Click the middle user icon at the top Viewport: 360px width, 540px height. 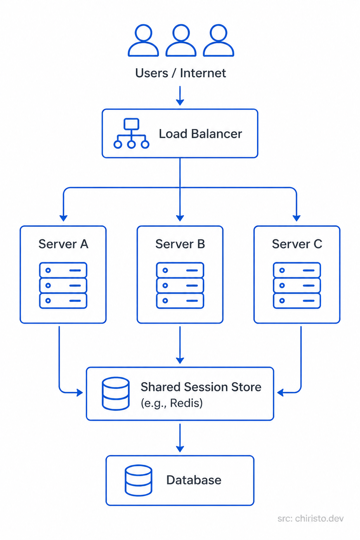(x=181, y=40)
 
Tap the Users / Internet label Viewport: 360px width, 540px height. (x=180, y=73)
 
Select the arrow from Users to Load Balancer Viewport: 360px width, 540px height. (x=180, y=96)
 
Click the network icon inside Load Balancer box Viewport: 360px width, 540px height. (x=131, y=134)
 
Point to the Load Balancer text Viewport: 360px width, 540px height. (x=200, y=134)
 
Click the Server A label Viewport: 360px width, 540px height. (x=63, y=244)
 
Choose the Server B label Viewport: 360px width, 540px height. (x=180, y=244)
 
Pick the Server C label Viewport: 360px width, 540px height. (x=297, y=244)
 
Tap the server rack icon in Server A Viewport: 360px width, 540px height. (x=63, y=285)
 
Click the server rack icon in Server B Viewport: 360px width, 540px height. (x=180, y=285)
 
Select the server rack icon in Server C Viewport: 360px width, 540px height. (x=297, y=285)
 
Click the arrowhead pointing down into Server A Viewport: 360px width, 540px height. (x=63, y=218)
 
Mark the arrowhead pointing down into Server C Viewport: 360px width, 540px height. (x=297, y=218)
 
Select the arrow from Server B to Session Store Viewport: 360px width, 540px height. (x=180, y=345)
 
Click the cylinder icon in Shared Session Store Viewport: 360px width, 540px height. (x=116, y=394)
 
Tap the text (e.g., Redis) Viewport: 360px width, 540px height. (x=172, y=403)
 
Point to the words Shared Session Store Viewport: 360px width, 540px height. (x=201, y=387)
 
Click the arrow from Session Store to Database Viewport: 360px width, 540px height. (x=180, y=438)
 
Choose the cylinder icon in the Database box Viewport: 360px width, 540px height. (x=139, y=481)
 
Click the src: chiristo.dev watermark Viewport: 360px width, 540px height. (x=310, y=519)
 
